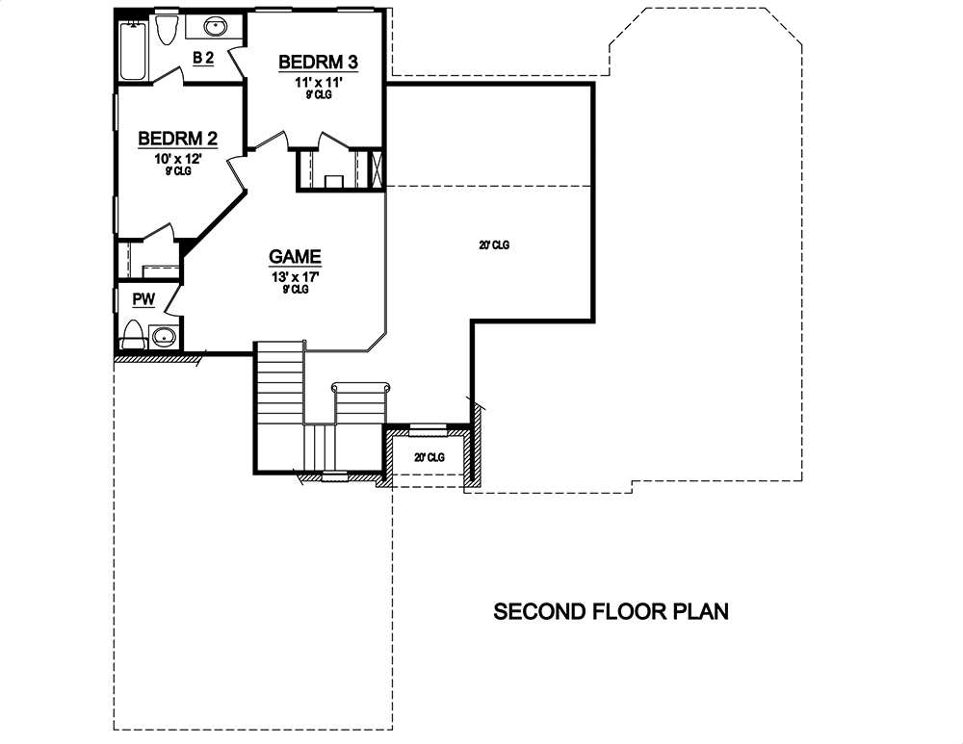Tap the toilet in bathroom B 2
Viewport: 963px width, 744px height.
point(166,31)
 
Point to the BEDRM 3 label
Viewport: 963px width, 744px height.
point(318,63)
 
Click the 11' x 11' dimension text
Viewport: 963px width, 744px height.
point(318,83)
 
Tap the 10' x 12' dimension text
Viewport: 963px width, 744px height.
point(178,158)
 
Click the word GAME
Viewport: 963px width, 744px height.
point(295,257)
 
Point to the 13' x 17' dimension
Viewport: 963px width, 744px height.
point(295,277)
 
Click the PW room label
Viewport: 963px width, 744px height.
point(143,299)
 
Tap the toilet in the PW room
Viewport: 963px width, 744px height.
point(133,336)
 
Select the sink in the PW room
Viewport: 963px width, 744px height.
point(165,336)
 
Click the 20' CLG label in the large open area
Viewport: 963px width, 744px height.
point(492,245)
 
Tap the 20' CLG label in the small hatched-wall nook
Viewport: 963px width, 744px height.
point(429,457)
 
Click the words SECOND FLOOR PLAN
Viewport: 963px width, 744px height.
point(612,611)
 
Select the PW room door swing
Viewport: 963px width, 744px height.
point(173,300)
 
